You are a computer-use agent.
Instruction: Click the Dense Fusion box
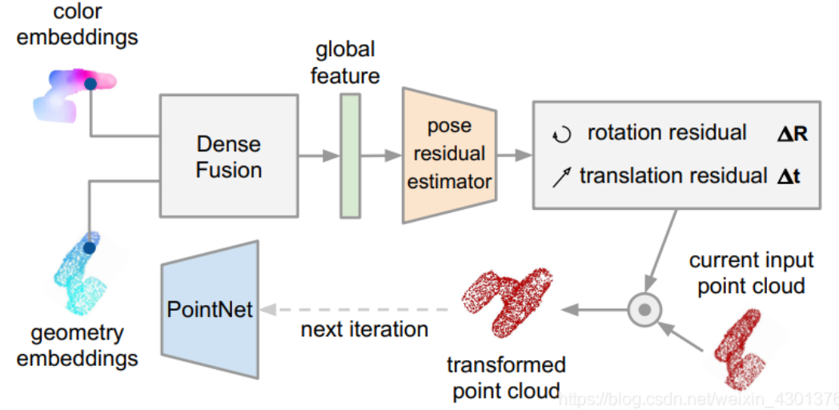(x=228, y=156)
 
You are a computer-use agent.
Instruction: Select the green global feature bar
(x=350, y=155)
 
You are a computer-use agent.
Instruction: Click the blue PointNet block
(x=211, y=308)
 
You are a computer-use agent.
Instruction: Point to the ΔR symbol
(x=792, y=133)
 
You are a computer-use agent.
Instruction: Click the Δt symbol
(x=789, y=176)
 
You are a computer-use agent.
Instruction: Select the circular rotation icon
(x=562, y=135)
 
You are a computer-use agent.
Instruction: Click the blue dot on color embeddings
(x=90, y=82)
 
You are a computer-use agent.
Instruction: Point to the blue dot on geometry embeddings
(x=89, y=248)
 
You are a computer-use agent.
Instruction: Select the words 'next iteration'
(x=364, y=329)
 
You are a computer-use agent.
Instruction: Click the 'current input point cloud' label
(x=751, y=272)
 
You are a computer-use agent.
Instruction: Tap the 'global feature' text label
(x=345, y=62)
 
